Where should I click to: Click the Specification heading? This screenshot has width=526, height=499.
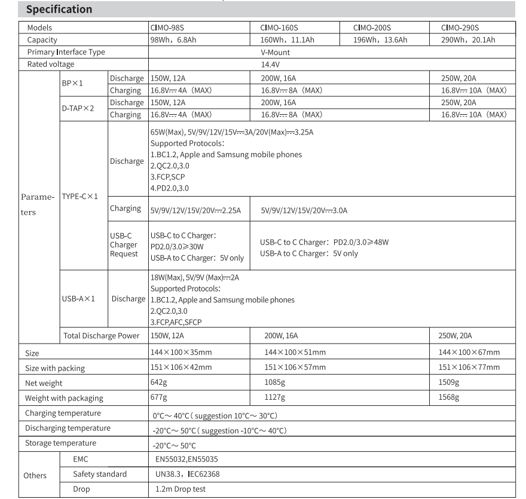click(59, 9)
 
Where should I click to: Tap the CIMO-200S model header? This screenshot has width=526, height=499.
click(372, 27)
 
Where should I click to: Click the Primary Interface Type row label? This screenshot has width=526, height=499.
click(66, 52)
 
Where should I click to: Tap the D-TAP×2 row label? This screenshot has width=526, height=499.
click(78, 108)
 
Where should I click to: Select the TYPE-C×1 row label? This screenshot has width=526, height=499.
click(79, 196)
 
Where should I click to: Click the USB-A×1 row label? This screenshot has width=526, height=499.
click(79, 299)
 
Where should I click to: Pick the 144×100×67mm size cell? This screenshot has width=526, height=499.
click(469, 353)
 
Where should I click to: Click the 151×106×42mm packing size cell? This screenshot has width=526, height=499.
click(181, 367)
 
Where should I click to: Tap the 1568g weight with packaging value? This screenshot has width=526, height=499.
click(449, 397)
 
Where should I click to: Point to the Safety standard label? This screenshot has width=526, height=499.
click(100, 474)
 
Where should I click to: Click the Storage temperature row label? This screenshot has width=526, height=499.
click(60, 443)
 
